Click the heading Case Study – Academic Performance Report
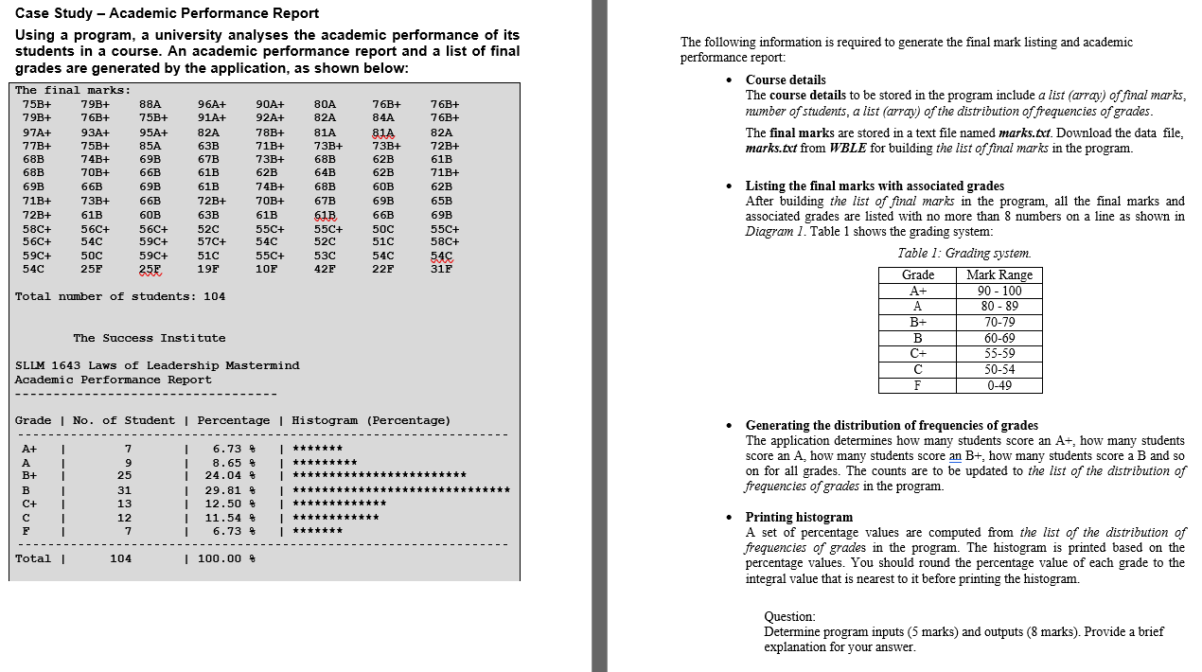(168, 13)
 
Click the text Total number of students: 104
(120, 296)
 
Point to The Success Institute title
(149, 338)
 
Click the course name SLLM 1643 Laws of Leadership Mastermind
(157, 365)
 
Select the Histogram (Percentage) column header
(371, 420)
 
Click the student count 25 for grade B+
(124, 475)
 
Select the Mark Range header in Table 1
(999, 275)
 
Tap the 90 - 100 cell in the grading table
(999, 291)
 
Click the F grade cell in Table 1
(916, 385)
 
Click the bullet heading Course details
(785, 80)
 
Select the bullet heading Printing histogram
(799, 518)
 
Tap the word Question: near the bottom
(789, 616)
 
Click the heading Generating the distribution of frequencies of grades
(891, 426)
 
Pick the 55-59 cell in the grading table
(999, 353)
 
